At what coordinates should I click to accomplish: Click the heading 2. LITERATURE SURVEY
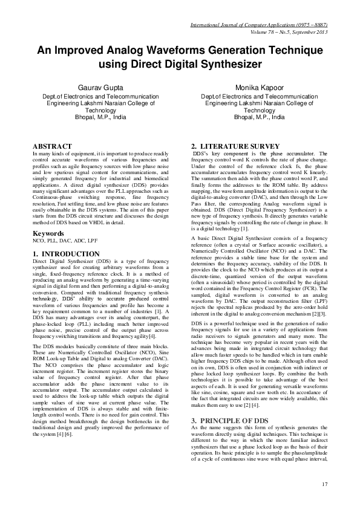[x=235, y=146]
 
